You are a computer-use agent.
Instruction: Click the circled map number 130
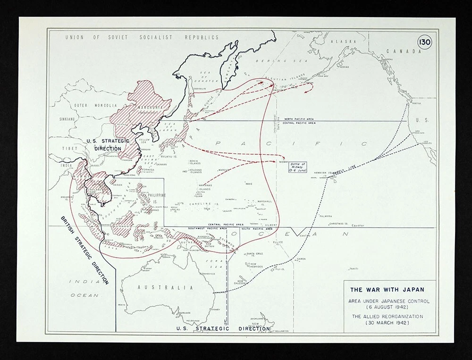point(424,42)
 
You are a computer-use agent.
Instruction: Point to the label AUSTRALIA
point(159,287)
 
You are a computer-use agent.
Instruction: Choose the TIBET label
point(69,148)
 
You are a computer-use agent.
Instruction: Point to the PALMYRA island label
point(325,216)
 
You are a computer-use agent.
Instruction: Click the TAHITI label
point(354,268)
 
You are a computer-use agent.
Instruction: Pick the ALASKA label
point(343,42)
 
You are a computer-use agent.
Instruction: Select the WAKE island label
point(249,183)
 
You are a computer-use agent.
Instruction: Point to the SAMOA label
point(301,259)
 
